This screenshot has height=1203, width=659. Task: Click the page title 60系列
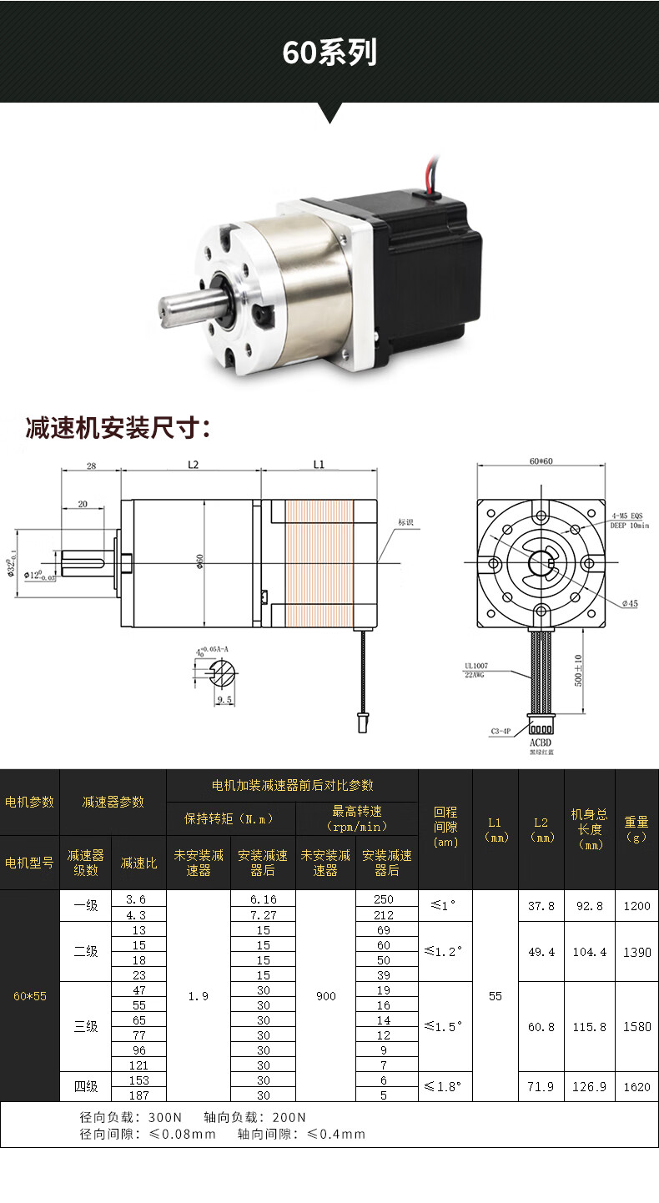(x=329, y=52)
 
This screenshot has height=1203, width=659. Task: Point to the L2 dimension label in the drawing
(x=192, y=465)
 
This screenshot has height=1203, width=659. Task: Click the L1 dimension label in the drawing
(x=318, y=465)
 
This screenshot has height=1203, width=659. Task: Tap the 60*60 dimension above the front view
(x=541, y=461)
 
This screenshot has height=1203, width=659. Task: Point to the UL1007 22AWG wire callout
(x=478, y=671)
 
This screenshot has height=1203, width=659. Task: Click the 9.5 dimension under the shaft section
(x=224, y=699)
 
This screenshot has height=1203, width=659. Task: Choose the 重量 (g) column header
(x=636, y=829)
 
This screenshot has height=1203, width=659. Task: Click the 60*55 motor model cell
(x=30, y=996)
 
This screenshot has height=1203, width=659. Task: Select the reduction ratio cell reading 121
(x=138, y=1065)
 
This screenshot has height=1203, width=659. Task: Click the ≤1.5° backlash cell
(x=445, y=1027)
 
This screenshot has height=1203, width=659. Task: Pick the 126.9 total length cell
(x=589, y=1087)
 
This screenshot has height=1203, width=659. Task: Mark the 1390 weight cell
(x=636, y=952)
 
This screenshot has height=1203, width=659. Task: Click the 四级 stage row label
(x=86, y=1086)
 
